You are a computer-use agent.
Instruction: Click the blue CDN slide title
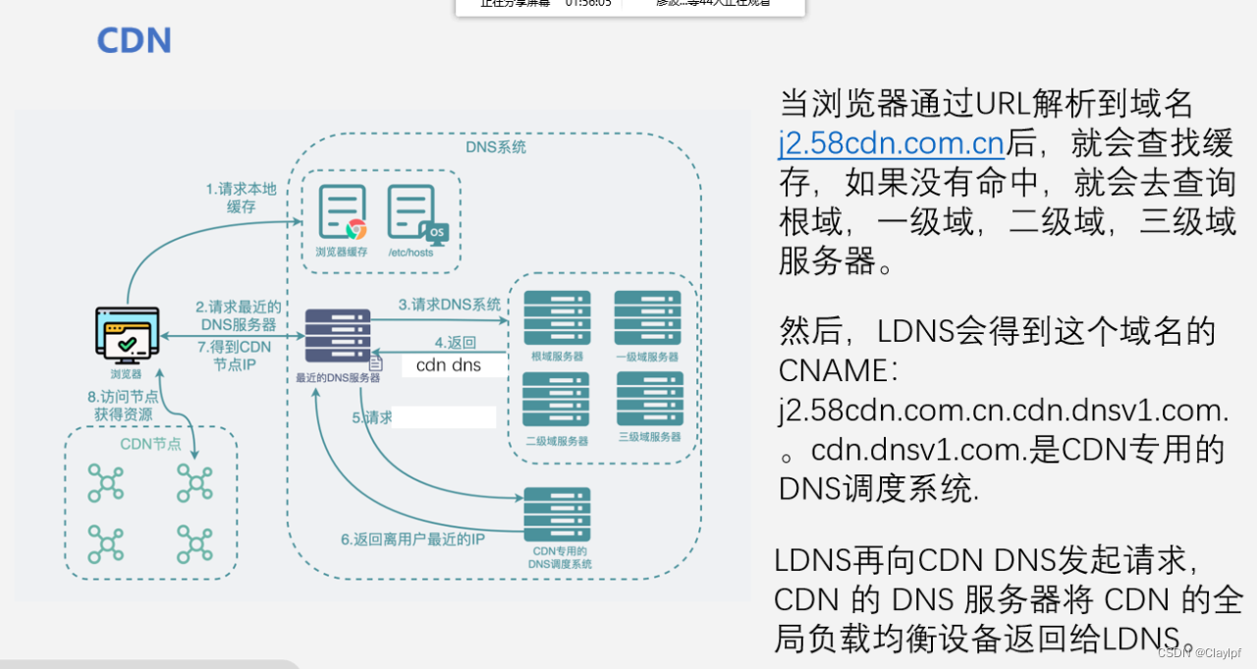[x=134, y=40]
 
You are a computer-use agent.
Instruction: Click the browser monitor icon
[x=128, y=334]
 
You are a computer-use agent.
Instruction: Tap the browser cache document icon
[x=342, y=212]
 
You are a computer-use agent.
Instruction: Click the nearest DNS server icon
[x=338, y=336]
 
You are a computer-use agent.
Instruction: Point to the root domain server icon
[x=557, y=317]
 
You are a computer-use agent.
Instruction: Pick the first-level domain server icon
[x=647, y=317]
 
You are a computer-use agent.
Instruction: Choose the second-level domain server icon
[x=557, y=399]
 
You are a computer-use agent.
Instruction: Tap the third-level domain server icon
[x=648, y=399]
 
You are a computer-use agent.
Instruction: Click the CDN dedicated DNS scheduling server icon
[x=557, y=514]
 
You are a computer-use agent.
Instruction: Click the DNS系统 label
[x=495, y=147]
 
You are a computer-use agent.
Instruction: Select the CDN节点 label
[x=150, y=444]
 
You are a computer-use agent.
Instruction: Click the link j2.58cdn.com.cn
[x=892, y=144]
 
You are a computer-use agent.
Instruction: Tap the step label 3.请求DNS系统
[x=450, y=305]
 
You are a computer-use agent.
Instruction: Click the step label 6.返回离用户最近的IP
[x=412, y=538]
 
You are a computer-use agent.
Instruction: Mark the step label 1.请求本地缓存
[x=242, y=197]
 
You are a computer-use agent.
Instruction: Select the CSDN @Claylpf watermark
[x=1199, y=652]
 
